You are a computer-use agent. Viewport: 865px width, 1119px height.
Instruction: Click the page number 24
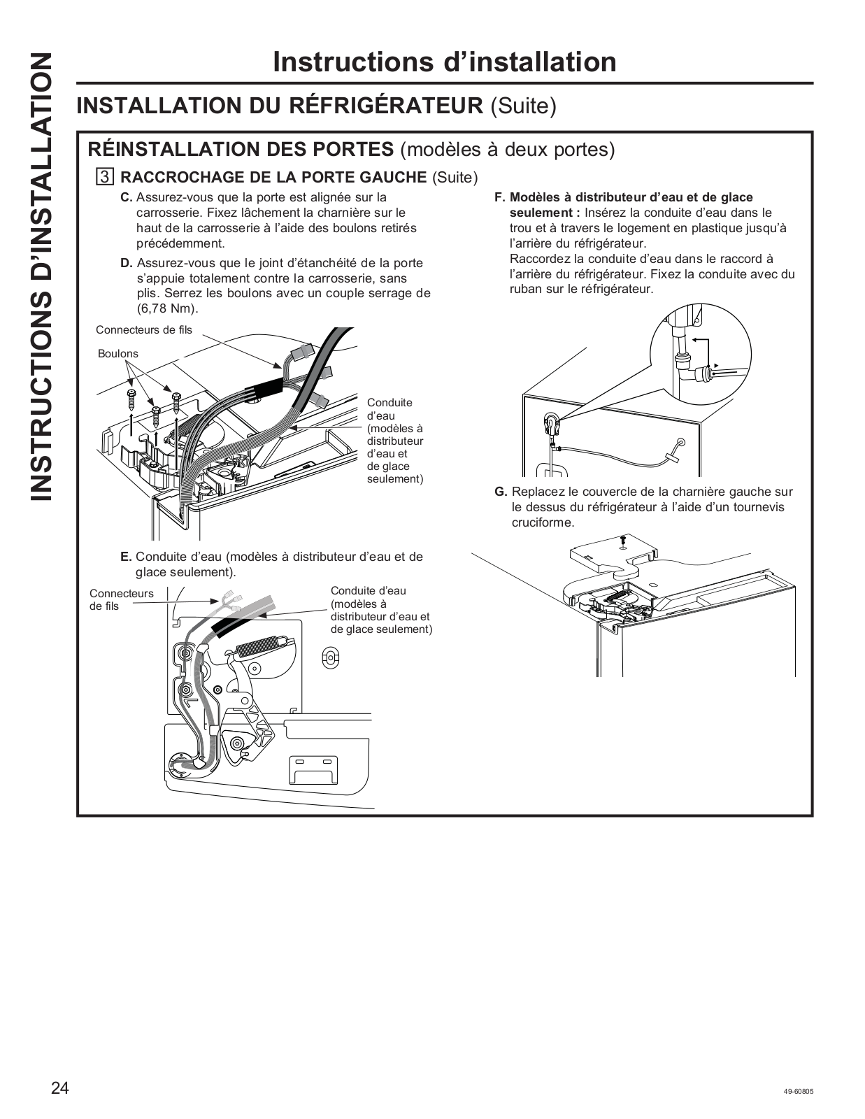click(x=59, y=1088)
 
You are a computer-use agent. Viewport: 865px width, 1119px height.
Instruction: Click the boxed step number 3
click(x=104, y=176)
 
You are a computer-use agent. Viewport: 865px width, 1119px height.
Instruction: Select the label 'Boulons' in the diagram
click(x=118, y=354)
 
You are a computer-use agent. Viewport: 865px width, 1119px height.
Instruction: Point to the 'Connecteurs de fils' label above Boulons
click(x=143, y=330)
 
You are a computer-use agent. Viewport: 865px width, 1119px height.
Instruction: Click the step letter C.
click(x=127, y=198)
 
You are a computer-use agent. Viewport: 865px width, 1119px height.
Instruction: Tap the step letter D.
click(x=127, y=264)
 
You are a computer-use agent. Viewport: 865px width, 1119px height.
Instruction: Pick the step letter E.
click(x=126, y=557)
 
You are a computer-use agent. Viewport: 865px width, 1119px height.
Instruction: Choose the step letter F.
click(x=499, y=198)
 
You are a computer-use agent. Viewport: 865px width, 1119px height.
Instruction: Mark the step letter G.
click(x=500, y=492)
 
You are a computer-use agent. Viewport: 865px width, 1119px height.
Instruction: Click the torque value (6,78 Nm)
click(x=168, y=308)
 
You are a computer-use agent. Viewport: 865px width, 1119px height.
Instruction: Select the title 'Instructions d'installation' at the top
click(x=445, y=62)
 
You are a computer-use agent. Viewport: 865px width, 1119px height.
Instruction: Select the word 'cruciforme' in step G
click(x=543, y=523)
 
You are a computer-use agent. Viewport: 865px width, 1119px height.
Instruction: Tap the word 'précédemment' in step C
click(x=180, y=243)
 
